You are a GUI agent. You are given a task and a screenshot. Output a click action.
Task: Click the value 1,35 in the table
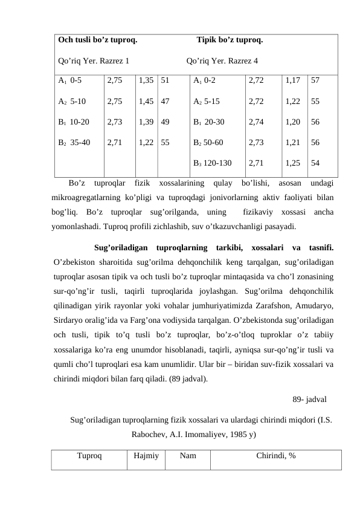pyautogui.click(x=146, y=79)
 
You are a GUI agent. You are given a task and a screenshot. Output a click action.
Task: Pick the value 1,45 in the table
pyautogui.click(x=146, y=101)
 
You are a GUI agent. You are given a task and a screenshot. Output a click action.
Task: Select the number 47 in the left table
pyautogui.click(x=165, y=101)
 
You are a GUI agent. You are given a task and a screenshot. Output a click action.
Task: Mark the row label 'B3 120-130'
pyautogui.click(x=211, y=163)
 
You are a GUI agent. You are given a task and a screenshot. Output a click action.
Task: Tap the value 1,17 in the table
pyautogui.click(x=292, y=79)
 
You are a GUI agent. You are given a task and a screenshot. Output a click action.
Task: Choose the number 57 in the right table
pyautogui.click(x=315, y=79)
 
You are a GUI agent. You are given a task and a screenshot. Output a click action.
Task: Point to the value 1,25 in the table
pyautogui.click(x=292, y=163)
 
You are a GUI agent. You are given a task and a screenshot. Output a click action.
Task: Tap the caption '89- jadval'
pyautogui.click(x=310, y=400)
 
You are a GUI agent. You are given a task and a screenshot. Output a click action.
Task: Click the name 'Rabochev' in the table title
pyautogui.click(x=149, y=433)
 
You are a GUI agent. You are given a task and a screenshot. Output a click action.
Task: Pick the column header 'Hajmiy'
pyautogui.click(x=145, y=456)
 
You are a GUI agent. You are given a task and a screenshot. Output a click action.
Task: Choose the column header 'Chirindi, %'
pyautogui.click(x=275, y=456)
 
